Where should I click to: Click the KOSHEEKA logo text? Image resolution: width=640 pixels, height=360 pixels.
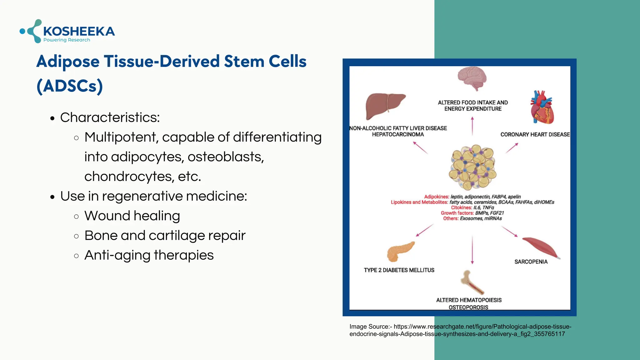(x=79, y=31)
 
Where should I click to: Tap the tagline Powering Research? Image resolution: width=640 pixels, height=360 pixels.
(x=67, y=40)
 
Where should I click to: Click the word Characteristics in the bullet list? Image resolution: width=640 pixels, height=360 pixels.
(x=110, y=117)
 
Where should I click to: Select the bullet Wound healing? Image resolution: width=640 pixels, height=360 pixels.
(x=132, y=216)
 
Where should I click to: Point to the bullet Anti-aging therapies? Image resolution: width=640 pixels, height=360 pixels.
(x=149, y=255)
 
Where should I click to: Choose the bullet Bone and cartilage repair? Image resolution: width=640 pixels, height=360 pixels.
(x=165, y=236)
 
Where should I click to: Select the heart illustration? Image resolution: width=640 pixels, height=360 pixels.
(x=542, y=108)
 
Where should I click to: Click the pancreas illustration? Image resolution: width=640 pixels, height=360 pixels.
(x=400, y=252)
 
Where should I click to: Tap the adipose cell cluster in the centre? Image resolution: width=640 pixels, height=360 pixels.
(x=472, y=167)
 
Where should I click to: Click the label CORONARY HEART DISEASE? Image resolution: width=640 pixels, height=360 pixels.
(x=535, y=135)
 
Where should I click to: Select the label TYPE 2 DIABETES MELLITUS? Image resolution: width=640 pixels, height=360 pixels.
(x=399, y=270)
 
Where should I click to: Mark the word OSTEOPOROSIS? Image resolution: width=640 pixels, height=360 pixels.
(x=468, y=307)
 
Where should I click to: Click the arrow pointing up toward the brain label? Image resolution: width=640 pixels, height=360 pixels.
(x=472, y=126)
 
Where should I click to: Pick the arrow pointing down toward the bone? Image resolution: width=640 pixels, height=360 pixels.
(x=472, y=250)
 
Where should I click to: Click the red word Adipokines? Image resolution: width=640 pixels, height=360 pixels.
(x=436, y=197)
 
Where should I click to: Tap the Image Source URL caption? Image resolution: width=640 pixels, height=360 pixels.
(x=460, y=330)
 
